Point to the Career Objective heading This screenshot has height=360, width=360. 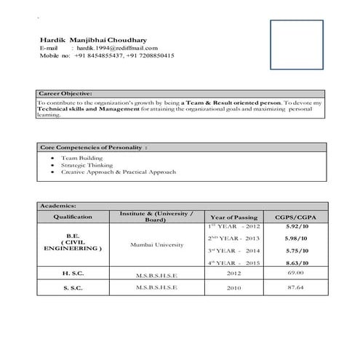tap(65, 94)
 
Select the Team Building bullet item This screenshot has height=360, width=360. tap(81, 157)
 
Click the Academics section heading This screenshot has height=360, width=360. tap(57, 206)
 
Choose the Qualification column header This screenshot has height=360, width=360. tap(73, 217)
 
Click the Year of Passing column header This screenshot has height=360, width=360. tap(233, 217)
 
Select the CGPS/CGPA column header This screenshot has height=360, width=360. tap(295, 217)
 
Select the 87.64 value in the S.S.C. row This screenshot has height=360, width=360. tap(295, 287)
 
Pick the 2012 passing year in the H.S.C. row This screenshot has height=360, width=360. tap(233, 274)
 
